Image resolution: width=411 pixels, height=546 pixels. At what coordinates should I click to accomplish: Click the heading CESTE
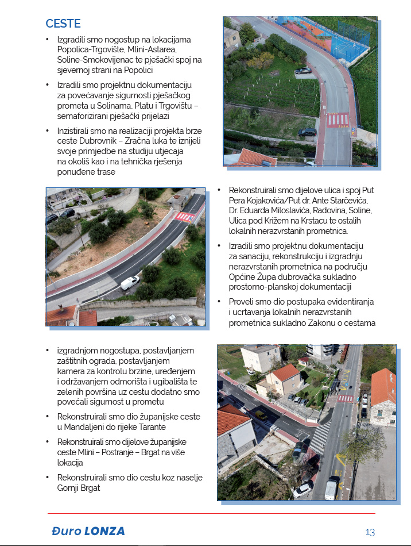point(63,24)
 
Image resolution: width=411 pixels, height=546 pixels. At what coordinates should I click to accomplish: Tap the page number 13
point(370,532)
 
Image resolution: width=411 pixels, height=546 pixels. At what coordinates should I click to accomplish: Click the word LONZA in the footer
point(104,531)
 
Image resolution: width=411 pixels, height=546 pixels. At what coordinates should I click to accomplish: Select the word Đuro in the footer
point(64,531)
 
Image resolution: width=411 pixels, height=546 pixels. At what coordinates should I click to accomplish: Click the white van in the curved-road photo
point(130,282)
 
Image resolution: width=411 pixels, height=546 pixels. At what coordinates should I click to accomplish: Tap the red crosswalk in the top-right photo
point(338,120)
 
